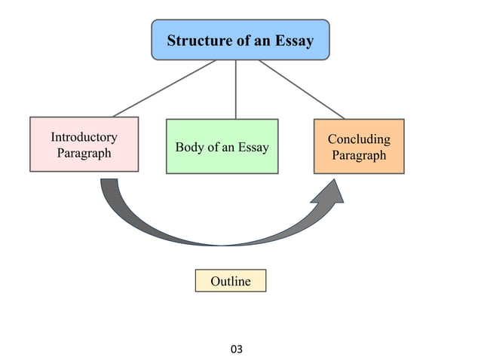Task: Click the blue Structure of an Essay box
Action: tap(240, 40)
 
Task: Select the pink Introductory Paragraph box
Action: tap(84, 144)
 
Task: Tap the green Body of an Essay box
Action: tap(222, 146)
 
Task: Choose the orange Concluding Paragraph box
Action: tap(359, 146)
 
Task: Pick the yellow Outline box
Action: tap(230, 281)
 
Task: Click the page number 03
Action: tap(237, 349)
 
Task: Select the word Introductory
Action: tap(84, 137)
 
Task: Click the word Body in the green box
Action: tap(188, 147)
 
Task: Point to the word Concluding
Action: tap(359, 139)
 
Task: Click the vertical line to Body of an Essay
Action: tap(237, 89)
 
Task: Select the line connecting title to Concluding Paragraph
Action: tap(302, 89)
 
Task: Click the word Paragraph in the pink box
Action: tap(84, 153)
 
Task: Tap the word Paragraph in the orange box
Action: tap(359, 155)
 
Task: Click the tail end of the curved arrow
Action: tap(109, 185)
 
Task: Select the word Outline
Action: tap(230, 281)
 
